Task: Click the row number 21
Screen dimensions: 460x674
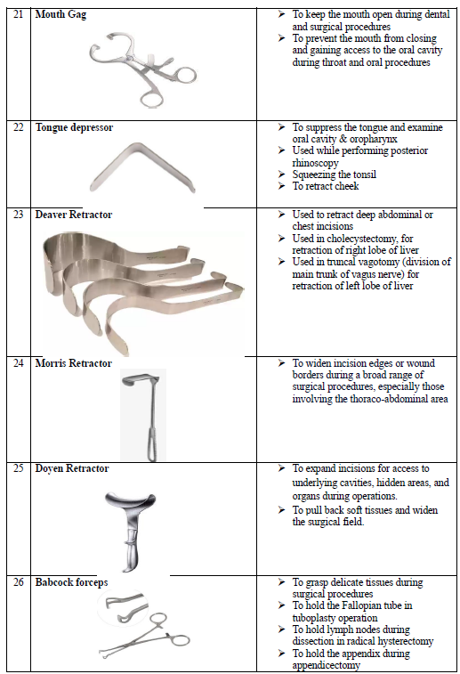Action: (x=18, y=14)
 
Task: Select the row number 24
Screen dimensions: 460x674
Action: (x=18, y=362)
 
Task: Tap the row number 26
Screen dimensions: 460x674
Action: (x=18, y=582)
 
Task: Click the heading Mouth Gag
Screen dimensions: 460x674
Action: (x=61, y=14)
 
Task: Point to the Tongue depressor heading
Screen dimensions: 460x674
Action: (x=74, y=127)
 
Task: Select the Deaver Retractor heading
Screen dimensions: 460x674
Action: (x=74, y=215)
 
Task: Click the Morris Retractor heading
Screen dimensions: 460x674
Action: (x=74, y=363)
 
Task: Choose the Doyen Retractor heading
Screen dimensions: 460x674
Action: (x=72, y=468)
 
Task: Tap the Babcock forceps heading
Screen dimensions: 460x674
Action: (x=71, y=582)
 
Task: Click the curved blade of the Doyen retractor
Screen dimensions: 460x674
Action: (x=130, y=501)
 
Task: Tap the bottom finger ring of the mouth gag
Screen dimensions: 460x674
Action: (x=151, y=99)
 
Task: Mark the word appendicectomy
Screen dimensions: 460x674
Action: (x=326, y=665)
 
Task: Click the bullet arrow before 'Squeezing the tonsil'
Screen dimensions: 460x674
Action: (x=281, y=175)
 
